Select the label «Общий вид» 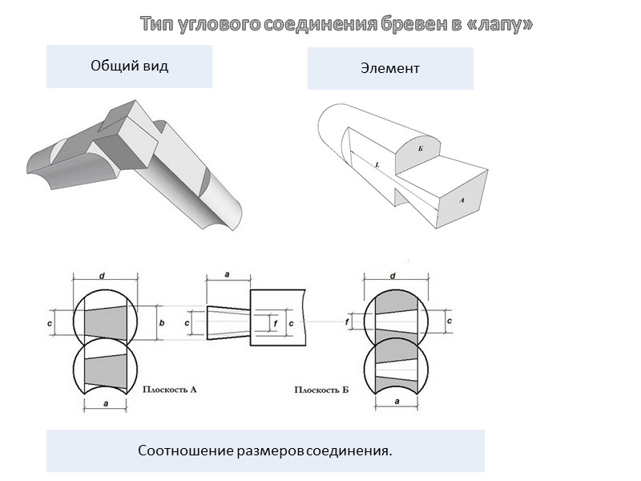129,66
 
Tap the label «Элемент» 390,68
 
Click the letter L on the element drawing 376,164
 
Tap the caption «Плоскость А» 170,390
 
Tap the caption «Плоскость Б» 321,390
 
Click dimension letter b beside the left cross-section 162,323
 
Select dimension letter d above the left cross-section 102,277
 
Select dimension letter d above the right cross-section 393,277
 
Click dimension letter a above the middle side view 227,275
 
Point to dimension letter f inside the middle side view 275,323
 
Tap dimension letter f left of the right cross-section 348,321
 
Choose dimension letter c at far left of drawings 50,323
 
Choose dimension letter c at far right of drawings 449,321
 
